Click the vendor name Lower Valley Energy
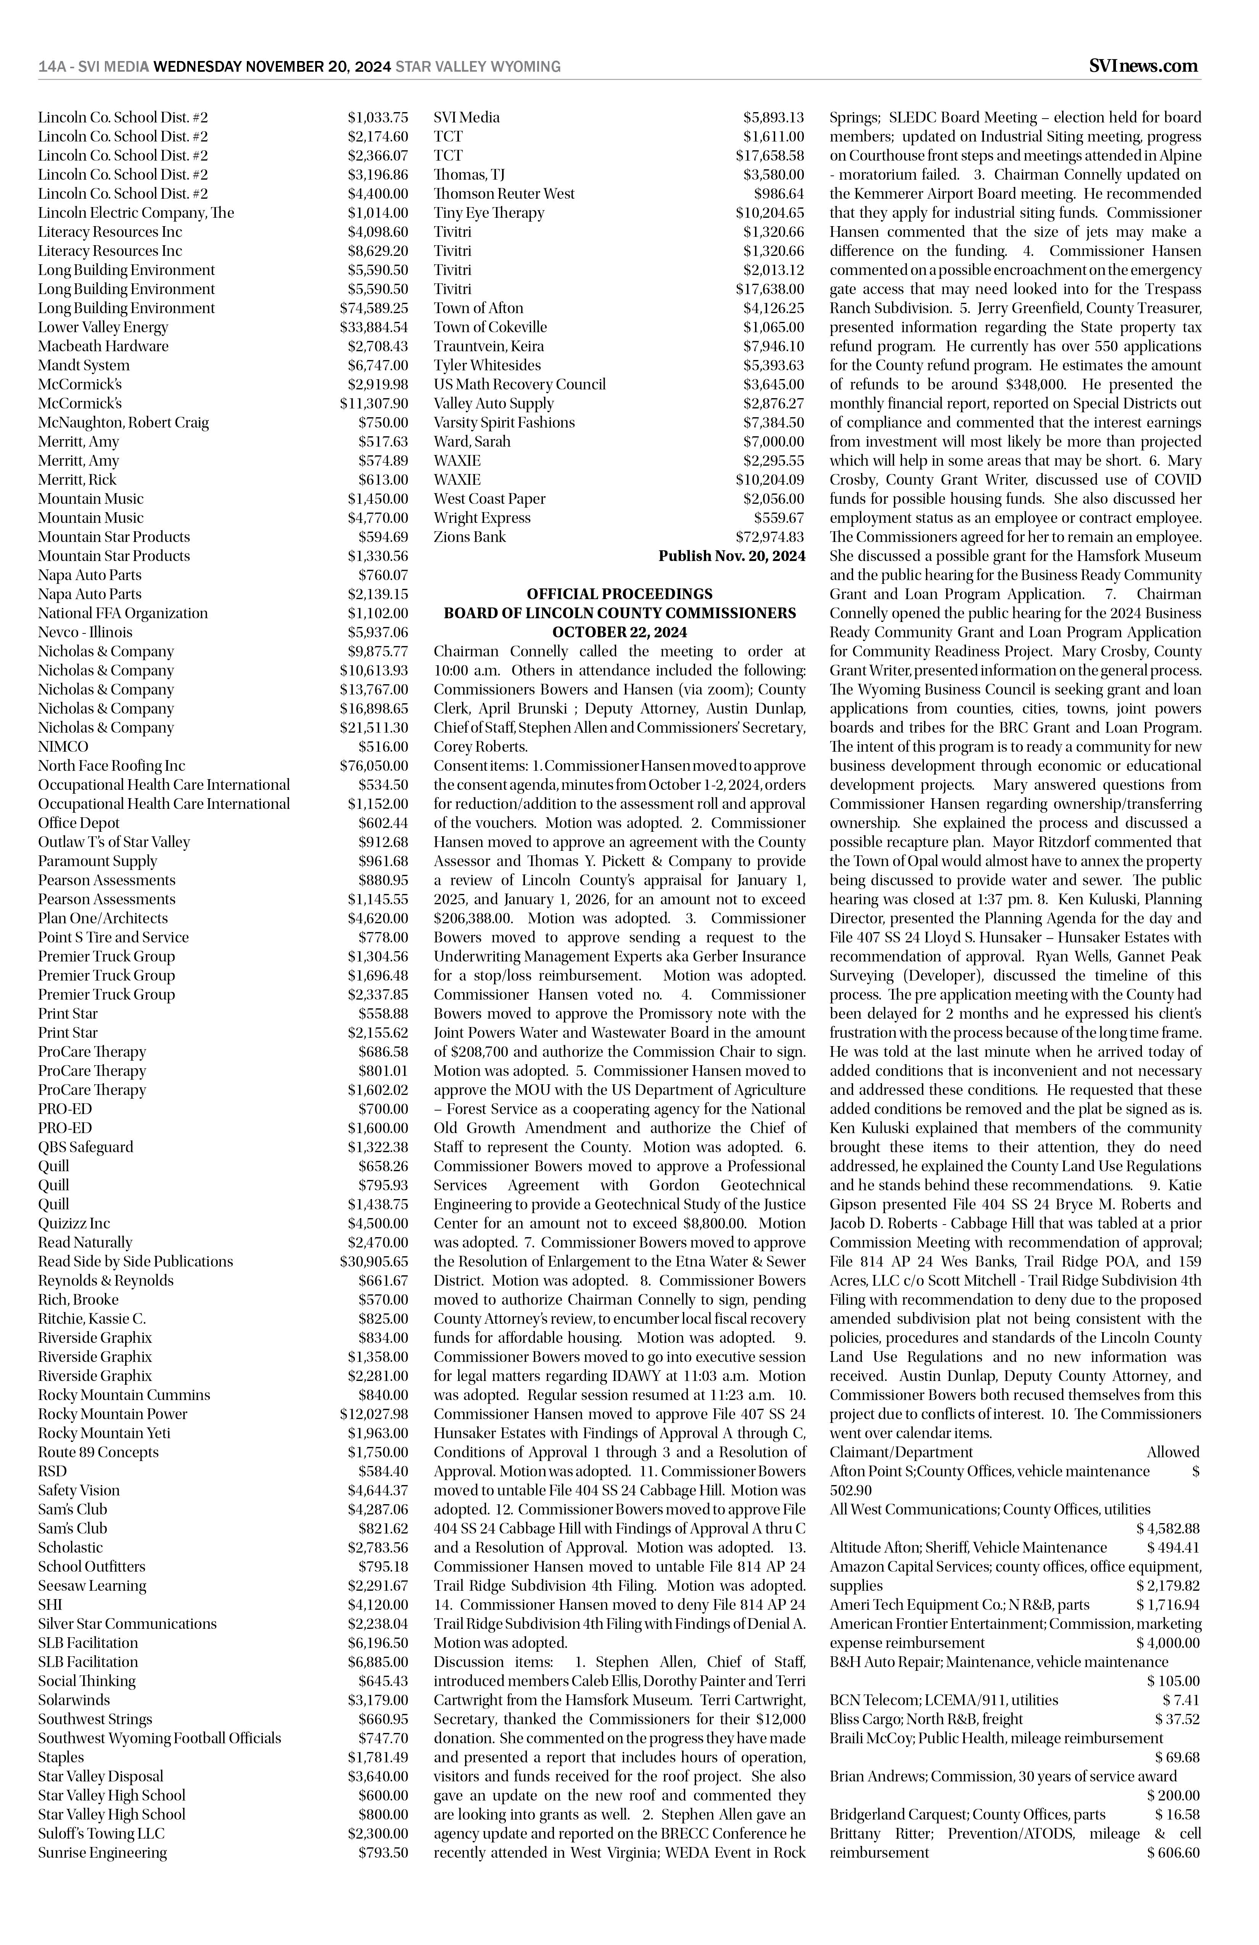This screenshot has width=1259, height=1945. (x=103, y=327)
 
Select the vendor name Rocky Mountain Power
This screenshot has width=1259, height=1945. (x=113, y=1414)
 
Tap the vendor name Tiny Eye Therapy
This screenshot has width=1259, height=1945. (x=489, y=212)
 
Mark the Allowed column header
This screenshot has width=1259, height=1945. (x=1172, y=1452)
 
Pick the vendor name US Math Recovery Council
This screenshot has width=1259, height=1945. (x=520, y=384)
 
